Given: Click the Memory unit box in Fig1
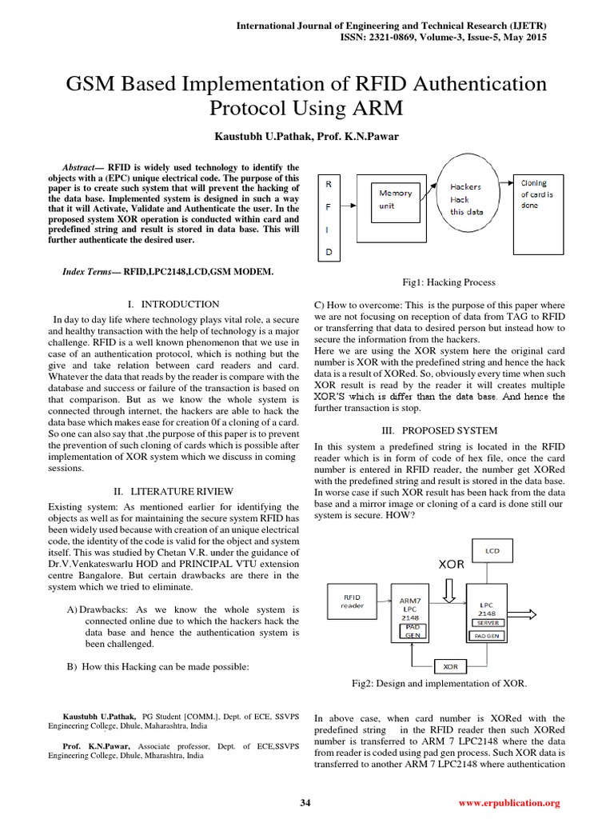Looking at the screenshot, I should click(x=396, y=198).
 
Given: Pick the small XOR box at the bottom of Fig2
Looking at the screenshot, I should click(x=450, y=665).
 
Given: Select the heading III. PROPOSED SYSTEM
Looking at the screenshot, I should click(x=438, y=430).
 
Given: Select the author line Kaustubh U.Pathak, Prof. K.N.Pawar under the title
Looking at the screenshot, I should click(x=307, y=136).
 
